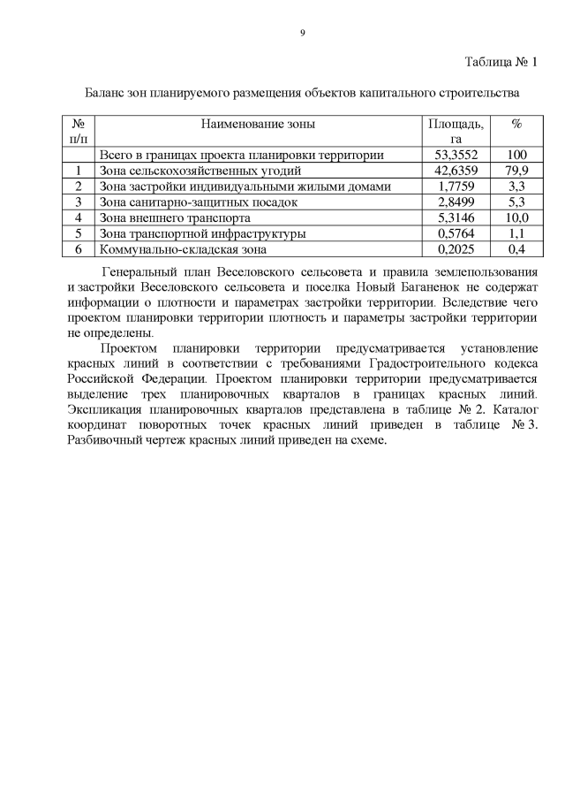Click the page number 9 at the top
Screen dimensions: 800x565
pyautogui.click(x=302, y=33)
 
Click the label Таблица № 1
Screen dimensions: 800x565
pyautogui.click(x=501, y=62)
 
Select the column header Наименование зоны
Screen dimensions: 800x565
pyautogui.click(x=258, y=125)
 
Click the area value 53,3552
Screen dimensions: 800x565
pyautogui.click(x=456, y=155)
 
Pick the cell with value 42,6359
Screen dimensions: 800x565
pyautogui.click(x=456, y=171)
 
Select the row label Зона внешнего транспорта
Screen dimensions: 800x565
pyautogui.click(x=177, y=217)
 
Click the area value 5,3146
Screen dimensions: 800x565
pyautogui.click(x=456, y=217)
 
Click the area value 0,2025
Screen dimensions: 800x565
pyautogui.click(x=456, y=249)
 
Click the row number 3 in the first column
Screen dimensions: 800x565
pyautogui.click(x=79, y=202)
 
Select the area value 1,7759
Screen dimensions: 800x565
pyautogui.click(x=456, y=187)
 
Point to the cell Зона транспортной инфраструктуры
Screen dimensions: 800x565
pyautogui.click(x=204, y=233)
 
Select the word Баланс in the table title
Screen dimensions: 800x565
pyautogui.click(x=105, y=92)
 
